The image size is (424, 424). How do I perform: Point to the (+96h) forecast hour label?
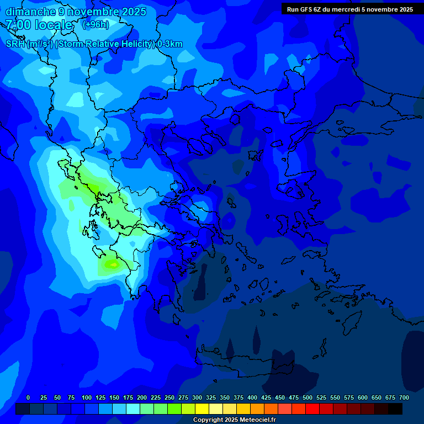(96, 25)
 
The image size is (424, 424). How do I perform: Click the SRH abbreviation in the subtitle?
(15, 44)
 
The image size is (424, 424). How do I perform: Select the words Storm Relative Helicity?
(105, 44)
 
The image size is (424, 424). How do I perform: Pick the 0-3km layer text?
(170, 44)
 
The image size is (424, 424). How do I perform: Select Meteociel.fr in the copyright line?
(257, 420)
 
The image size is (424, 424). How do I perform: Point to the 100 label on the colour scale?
(87, 397)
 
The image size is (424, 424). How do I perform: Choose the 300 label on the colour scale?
(197, 397)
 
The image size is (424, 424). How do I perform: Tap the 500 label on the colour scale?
(308, 397)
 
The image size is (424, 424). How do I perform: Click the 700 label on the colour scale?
(404, 397)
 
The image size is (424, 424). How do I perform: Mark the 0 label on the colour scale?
(28, 397)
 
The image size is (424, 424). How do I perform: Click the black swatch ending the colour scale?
(395, 409)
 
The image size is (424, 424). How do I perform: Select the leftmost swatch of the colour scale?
(22, 409)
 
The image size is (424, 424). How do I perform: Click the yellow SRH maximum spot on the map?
(113, 265)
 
